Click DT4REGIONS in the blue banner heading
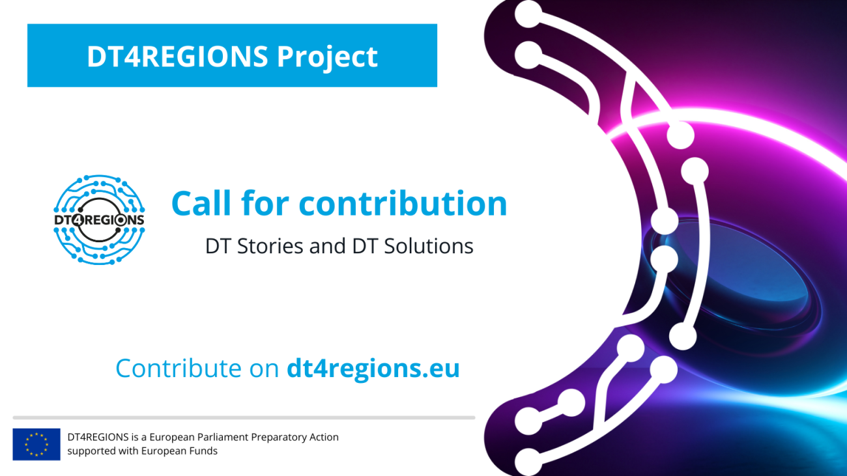coord(177,57)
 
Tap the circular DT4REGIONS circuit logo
coord(99,219)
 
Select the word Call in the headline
coord(199,203)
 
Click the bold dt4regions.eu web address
coord(373,369)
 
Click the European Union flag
coord(36,444)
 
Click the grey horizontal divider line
coord(244,417)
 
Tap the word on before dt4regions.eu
coord(265,369)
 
